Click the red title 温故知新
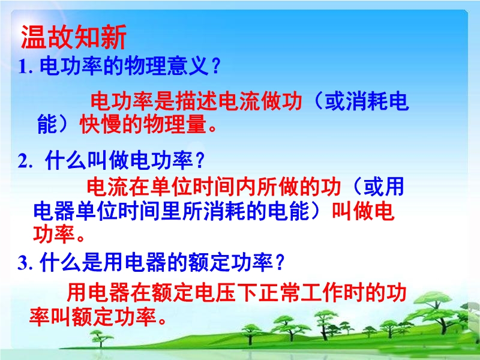click(x=74, y=37)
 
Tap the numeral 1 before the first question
click(x=23, y=67)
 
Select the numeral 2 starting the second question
click(x=23, y=161)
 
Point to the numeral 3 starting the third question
click(x=23, y=263)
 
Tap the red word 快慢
click(x=100, y=124)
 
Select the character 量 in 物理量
click(x=196, y=124)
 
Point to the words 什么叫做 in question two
click(x=87, y=161)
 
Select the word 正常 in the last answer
click(x=279, y=292)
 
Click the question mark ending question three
click(x=280, y=263)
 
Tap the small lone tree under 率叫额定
click(x=100, y=338)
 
